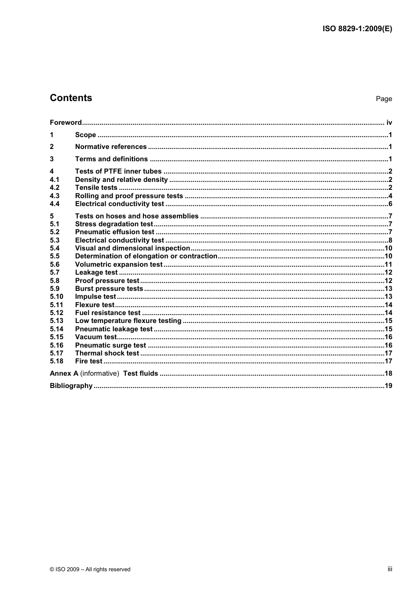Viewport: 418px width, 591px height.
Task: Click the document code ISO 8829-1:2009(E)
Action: [357, 29]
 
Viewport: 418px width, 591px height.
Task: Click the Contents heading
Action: [71, 98]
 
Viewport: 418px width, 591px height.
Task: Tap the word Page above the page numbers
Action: [384, 99]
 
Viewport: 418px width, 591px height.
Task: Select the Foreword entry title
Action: [66, 123]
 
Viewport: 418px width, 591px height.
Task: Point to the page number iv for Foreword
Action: [389, 123]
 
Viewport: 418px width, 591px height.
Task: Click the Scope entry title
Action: [85, 135]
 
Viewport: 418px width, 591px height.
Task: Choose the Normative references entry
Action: [111, 147]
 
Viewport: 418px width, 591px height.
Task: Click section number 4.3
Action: [55, 196]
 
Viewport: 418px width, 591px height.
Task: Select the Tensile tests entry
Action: [96, 188]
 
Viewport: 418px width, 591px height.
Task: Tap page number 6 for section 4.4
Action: [390, 204]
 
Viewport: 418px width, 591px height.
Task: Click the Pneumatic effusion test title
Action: [114, 232]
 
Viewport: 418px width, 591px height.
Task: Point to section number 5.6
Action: [55, 265]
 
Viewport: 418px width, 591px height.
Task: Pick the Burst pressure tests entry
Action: [109, 289]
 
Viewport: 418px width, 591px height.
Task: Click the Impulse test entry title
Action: [95, 297]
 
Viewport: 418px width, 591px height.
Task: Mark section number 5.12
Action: [56, 313]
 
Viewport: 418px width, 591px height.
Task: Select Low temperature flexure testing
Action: [128, 321]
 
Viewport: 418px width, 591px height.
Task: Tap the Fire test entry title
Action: [88, 361]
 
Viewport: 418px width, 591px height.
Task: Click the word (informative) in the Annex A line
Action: [100, 373]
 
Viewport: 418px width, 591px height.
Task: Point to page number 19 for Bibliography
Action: [389, 386]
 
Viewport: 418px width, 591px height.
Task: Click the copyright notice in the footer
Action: [90, 569]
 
